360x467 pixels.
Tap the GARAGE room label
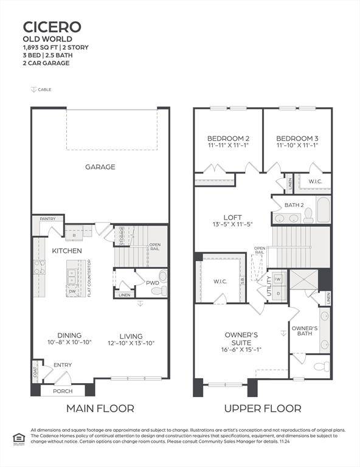click(100, 167)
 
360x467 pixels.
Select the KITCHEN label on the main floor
click(67, 251)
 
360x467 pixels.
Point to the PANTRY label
click(48, 219)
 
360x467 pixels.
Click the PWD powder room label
click(153, 282)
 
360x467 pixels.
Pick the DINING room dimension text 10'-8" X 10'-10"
click(69, 343)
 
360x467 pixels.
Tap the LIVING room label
click(131, 336)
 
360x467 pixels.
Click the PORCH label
click(63, 391)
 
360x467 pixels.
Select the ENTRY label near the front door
click(63, 365)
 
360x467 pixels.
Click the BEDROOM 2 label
click(228, 137)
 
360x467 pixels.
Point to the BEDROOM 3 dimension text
click(297, 145)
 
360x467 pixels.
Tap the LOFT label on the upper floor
click(233, 216)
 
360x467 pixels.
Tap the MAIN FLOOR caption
click(100, 408)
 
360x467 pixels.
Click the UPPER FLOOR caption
click(263, 408)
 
